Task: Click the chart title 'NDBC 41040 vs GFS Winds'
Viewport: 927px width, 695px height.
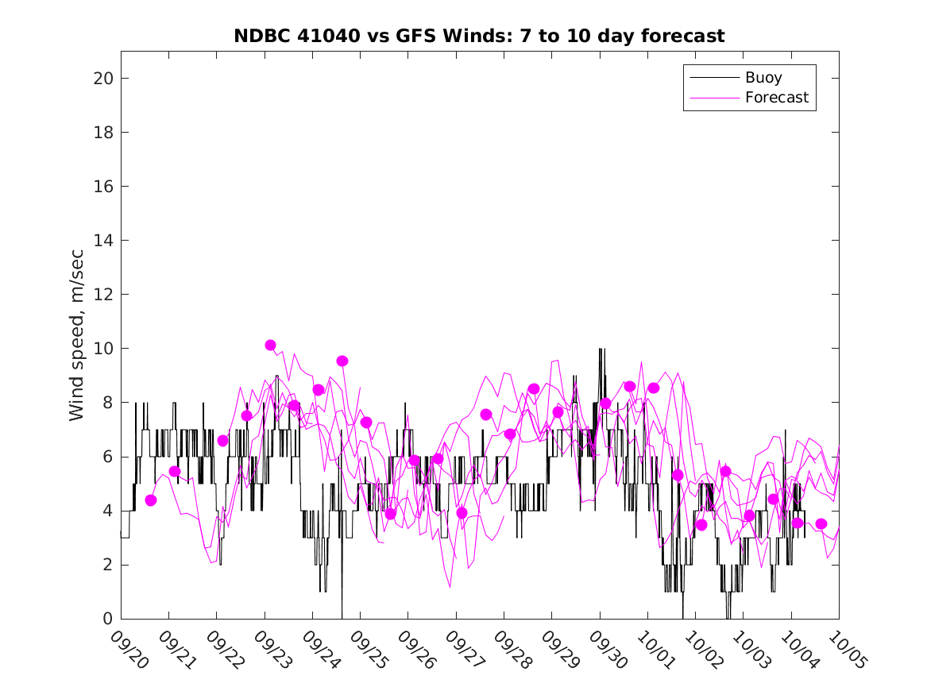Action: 479,37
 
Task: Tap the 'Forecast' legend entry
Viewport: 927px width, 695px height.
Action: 776,98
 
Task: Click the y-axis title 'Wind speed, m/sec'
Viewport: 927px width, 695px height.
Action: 77,334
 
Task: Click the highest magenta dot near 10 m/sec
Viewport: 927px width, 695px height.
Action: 270,345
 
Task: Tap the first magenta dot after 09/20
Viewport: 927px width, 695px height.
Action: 151,500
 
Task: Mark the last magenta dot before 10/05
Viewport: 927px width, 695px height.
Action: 821,523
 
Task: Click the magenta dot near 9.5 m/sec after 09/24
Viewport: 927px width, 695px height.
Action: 342,361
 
